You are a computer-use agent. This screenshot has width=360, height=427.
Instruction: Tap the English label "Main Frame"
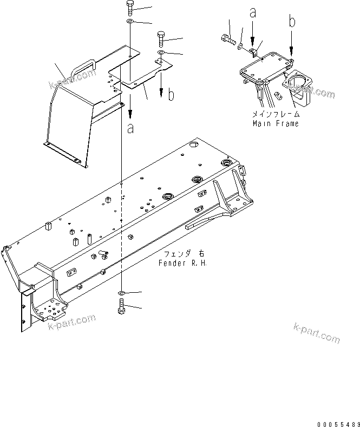(x=275, y=123)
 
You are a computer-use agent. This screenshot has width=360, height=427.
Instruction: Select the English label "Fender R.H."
(x=183, y=262)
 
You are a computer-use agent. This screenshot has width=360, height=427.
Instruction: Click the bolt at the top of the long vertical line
(x=131, y=8)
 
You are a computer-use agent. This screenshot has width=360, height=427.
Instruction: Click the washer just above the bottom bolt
(x=122, y=293)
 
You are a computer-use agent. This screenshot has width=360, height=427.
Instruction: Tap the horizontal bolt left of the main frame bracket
(x=227, y=38)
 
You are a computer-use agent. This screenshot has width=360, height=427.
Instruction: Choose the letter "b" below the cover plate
(x=171, y=96)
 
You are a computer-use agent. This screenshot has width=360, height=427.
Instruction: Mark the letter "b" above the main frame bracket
(x=292, y=22)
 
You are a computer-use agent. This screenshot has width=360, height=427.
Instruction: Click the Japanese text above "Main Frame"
(x=275, y=115)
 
